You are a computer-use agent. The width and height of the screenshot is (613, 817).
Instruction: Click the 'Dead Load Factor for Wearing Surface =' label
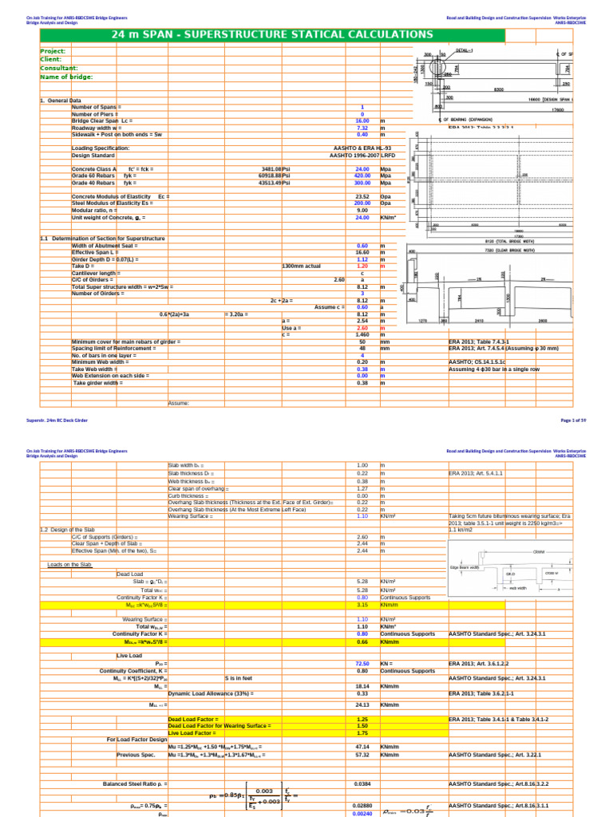(x=219, y=725)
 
